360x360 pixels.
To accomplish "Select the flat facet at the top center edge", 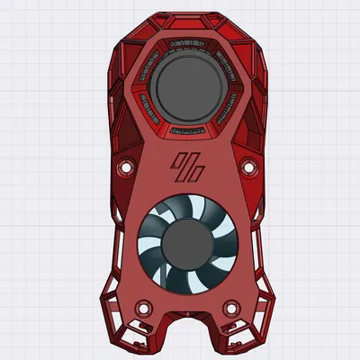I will click(x=187, y=18).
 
